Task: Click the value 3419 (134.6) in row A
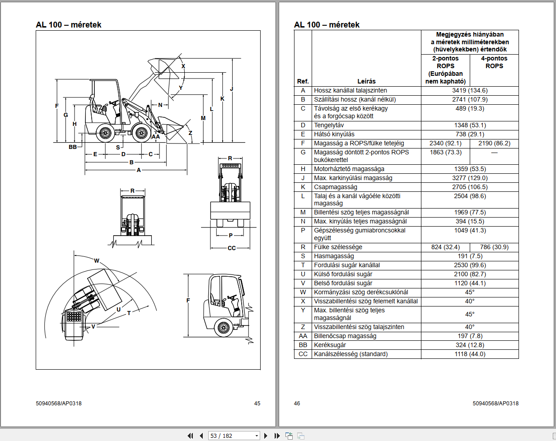470,90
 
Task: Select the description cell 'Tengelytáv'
328,125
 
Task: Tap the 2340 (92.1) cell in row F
445,143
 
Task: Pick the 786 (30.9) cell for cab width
494,247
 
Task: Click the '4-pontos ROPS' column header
494,62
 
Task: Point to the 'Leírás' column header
366,81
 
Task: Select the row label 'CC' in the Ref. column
303,354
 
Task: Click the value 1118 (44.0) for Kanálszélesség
470,354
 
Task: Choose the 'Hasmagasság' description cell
334,256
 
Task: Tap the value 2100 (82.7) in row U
470,274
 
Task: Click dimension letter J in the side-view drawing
232,89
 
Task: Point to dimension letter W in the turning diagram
97,260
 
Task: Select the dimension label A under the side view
139,170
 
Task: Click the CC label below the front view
232,248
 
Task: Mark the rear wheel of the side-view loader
106,132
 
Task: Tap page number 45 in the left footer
257,404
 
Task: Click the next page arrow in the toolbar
266,436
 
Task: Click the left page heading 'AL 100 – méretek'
69,25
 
